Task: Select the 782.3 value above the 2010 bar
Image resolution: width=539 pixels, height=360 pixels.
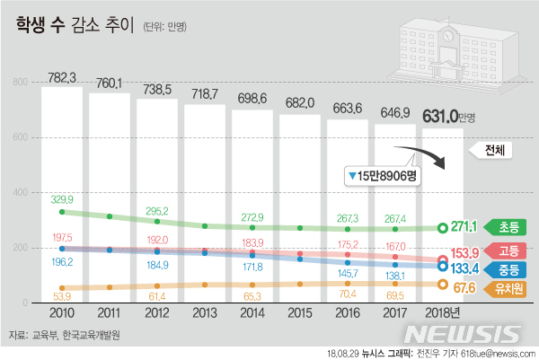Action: click(60, 76)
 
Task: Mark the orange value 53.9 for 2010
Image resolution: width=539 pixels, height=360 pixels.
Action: click(61, 295)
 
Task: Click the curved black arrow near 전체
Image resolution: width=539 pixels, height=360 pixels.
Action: click(431, 158)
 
